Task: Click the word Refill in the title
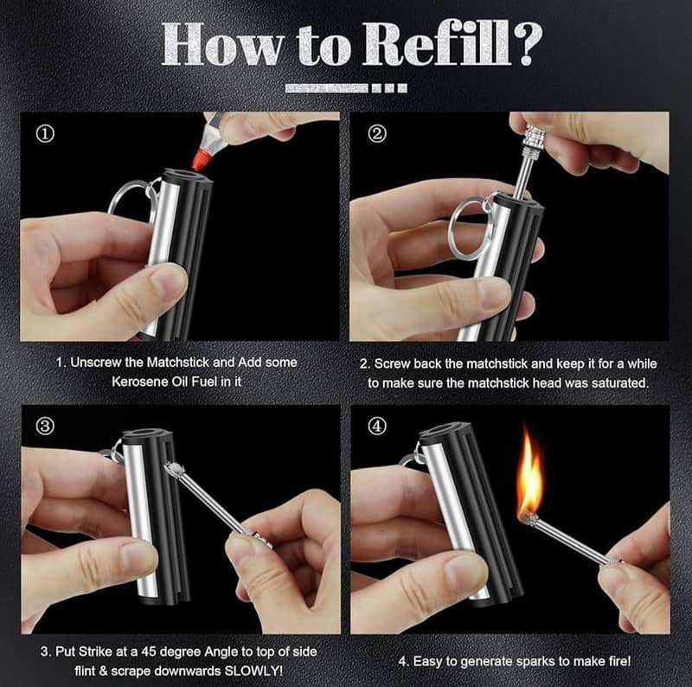tap(437, 45)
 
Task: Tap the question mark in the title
tap(527, 45)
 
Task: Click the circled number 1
tap(45, 133)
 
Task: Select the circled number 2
tap(377, 133)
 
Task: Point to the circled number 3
tap(45, 427)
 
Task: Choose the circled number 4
tap(376, 426)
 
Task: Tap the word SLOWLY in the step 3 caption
tap(253, 671)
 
